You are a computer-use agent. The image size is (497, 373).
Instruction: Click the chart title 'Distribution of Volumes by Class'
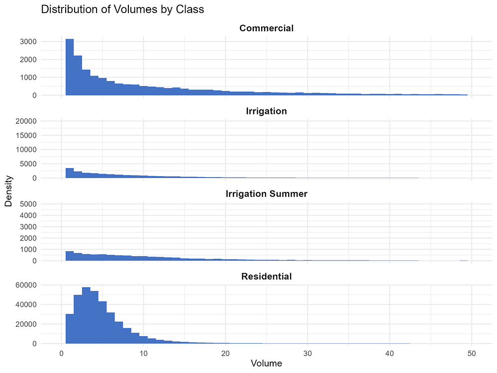pos(122,9)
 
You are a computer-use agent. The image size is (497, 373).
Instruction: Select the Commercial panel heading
pos(266,28)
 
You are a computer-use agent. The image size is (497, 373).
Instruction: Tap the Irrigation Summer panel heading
pos(266,194)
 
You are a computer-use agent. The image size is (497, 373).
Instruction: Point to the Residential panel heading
pos(266,276)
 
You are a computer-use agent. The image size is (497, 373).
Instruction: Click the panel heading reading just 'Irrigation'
pos(266,111)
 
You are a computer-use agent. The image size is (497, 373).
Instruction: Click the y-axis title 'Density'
pos(8,193)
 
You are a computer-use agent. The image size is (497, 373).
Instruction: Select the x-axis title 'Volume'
pos(266,364)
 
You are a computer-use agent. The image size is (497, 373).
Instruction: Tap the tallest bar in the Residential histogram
pos(86,315)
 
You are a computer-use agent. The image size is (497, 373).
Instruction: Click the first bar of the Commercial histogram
pos(70,67)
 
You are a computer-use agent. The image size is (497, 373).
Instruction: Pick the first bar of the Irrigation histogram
pos(70,173)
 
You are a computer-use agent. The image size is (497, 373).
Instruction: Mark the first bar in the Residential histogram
pos(70,329)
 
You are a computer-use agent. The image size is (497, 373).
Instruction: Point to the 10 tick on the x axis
pos(143,353)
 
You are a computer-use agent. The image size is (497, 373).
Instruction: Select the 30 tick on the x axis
pos(307,353)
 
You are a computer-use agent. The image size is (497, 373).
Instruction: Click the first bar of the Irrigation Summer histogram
pos(70,256)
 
